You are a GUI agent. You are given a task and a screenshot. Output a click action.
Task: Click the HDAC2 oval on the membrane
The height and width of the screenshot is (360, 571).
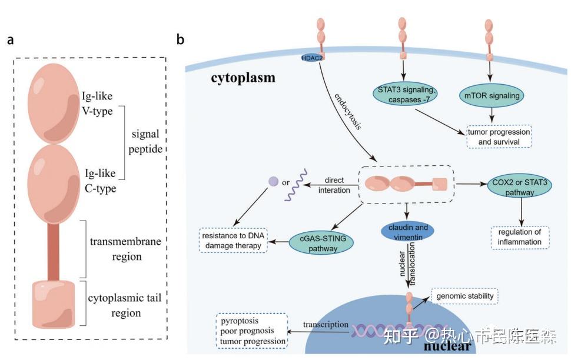click(311, 57)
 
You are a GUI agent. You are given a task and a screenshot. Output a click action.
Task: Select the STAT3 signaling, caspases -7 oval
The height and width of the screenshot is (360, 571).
click(403, 95)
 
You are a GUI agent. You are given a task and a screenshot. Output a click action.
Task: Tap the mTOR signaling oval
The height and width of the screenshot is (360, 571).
click(490, 94)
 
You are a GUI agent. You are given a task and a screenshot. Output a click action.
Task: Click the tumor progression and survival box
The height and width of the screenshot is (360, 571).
click(499, 136)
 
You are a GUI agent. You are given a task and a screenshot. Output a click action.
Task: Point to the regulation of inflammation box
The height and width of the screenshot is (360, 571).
click(519, 236)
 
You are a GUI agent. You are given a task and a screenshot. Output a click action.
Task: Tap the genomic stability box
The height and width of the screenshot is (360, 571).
click(465, 296)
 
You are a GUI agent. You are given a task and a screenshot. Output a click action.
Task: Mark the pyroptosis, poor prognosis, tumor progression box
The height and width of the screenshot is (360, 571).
click(252, 332)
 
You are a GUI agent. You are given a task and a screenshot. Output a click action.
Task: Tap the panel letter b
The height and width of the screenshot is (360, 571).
click(180, 40)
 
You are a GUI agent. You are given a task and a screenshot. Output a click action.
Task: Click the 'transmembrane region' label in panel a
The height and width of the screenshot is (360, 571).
click(125, 249)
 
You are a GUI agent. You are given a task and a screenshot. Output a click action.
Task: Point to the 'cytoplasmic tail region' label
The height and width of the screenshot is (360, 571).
click(125, 306)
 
